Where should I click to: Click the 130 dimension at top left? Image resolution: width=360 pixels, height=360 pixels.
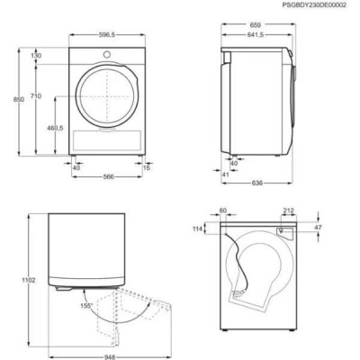37,56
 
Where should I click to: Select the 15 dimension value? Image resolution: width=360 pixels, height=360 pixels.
147,166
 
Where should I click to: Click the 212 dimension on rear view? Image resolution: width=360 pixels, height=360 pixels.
287,211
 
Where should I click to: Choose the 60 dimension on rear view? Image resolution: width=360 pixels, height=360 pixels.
221,211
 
